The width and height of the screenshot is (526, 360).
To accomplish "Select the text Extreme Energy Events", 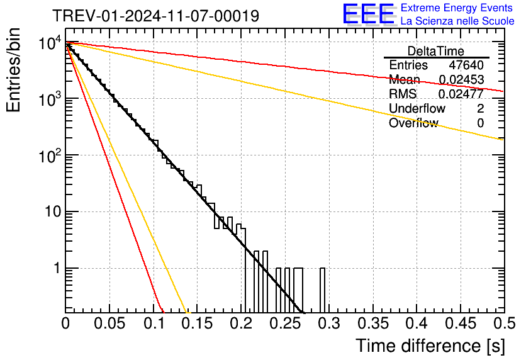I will coord(457,8).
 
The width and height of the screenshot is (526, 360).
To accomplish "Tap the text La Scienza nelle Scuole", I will coord(457,21).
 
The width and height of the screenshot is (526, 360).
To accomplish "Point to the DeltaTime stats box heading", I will coord(436,51).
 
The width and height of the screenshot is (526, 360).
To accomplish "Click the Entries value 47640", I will coord(466,65).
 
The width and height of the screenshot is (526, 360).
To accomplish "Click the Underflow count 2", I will coord(480,109).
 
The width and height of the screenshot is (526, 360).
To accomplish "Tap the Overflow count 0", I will coord(480,123).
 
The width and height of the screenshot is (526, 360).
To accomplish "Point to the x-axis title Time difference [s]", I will coord(429,346).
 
